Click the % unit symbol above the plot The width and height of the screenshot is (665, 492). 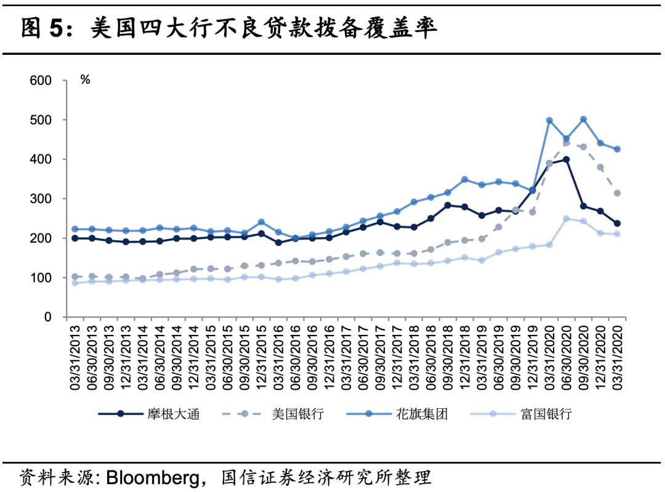85,79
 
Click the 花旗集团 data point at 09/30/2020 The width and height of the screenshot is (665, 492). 583,119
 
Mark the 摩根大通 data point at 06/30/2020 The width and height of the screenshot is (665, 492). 566,159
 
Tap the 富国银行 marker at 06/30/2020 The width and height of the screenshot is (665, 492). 566,219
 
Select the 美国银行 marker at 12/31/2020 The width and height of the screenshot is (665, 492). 600,167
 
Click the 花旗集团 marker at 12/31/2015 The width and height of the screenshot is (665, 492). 261,222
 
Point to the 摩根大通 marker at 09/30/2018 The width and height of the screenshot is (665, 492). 448,205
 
